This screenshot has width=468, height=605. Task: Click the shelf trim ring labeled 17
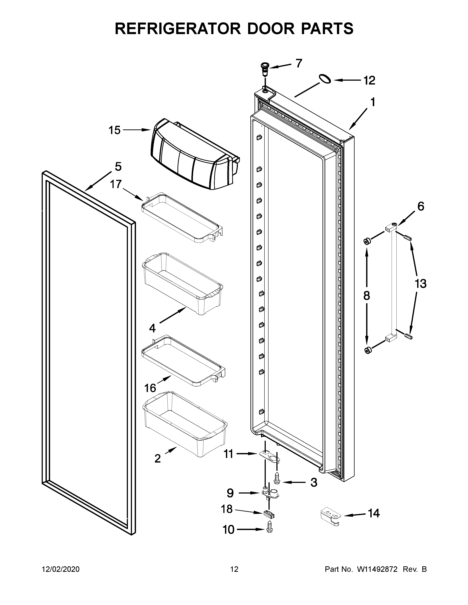point(182,217)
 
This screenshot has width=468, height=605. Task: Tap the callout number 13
point(420,284)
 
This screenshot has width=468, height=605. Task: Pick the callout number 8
point(367,296)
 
